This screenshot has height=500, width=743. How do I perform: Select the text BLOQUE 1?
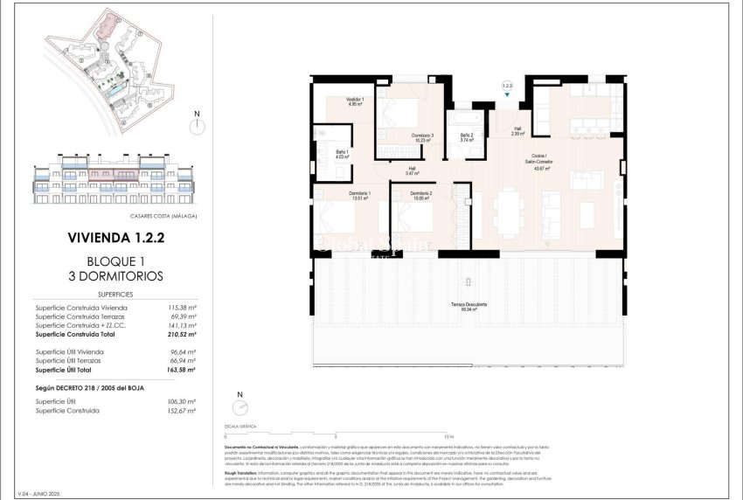point(115,261)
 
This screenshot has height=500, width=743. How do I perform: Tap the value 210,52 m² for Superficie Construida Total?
point(181,334)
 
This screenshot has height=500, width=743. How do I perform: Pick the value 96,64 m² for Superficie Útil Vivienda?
point(181,351)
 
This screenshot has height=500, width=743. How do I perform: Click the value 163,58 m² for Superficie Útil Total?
point(181,371)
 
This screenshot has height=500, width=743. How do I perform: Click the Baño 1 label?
point(342,154)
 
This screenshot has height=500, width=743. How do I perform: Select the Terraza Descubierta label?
point(469,306)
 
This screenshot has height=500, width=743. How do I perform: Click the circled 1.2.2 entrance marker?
point(507,87)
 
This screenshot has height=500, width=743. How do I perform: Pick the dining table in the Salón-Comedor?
point(508,211)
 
